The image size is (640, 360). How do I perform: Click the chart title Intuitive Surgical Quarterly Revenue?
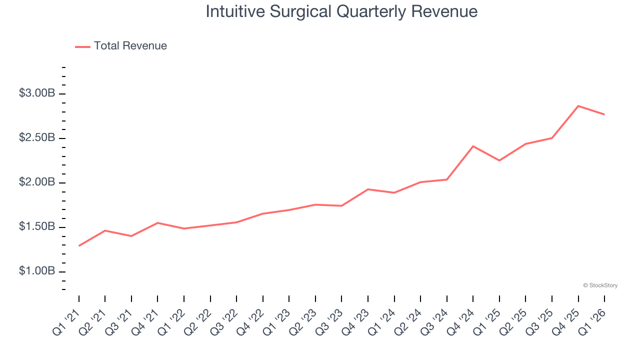pos(341,11)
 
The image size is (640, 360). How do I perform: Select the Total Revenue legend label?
pos(130,46)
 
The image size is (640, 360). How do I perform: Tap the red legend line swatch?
pos(82,46)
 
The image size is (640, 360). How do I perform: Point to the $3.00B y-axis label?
pos(37,93)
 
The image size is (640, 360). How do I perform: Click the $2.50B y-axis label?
pos(37,138)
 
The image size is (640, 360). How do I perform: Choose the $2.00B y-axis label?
pos(37,182)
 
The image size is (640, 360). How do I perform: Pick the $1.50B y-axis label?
pos(37,227)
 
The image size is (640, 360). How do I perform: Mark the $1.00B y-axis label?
pos(37,271)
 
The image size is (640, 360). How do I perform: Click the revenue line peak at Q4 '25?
pos(578,106)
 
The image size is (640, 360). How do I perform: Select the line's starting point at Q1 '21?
pos(79,246)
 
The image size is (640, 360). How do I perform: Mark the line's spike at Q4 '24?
pos(473,146)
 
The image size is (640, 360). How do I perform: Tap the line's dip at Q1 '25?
pos(499,160)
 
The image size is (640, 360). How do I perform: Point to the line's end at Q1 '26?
pos(604,114)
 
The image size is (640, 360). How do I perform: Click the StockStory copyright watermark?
pos(600,285)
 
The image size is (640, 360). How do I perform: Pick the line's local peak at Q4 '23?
pos(368,189)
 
